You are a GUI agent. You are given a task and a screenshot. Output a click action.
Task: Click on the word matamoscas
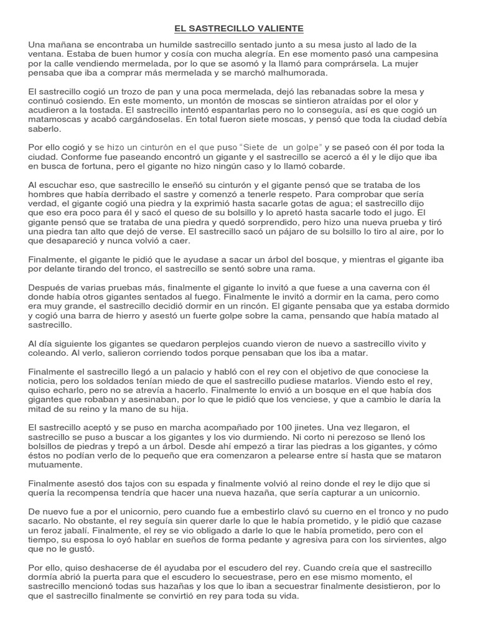[x=57, y=119]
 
